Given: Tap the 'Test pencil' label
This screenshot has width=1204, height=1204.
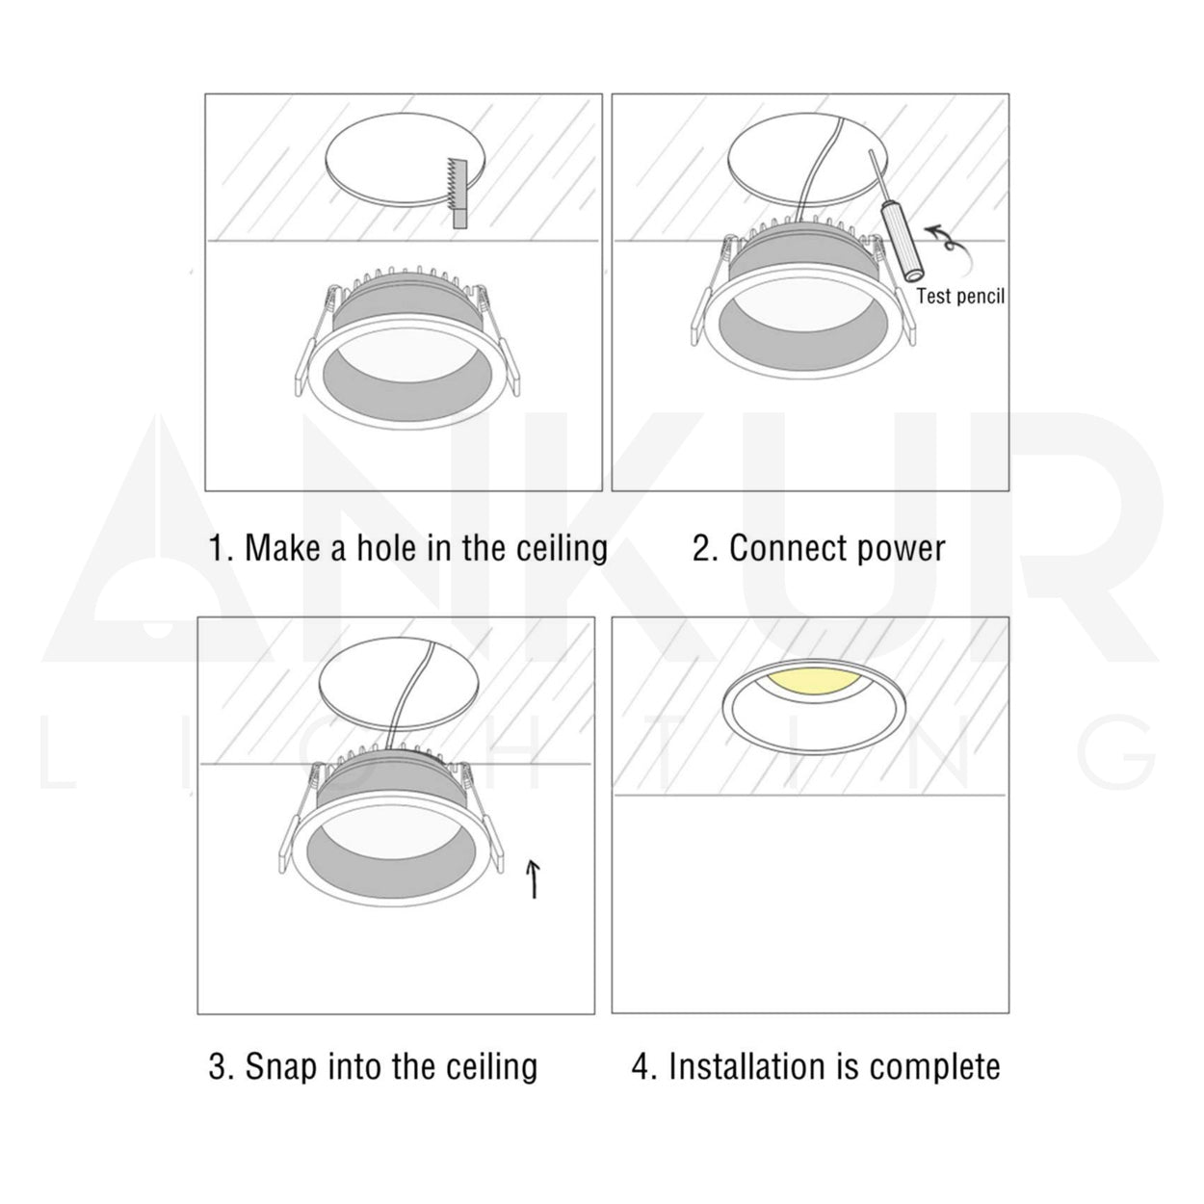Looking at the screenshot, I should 959,296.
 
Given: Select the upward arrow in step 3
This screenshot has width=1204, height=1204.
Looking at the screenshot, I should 534,878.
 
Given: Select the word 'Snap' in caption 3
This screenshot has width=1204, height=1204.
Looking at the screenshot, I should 282,1066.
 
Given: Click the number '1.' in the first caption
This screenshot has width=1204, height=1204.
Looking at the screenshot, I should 222,548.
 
